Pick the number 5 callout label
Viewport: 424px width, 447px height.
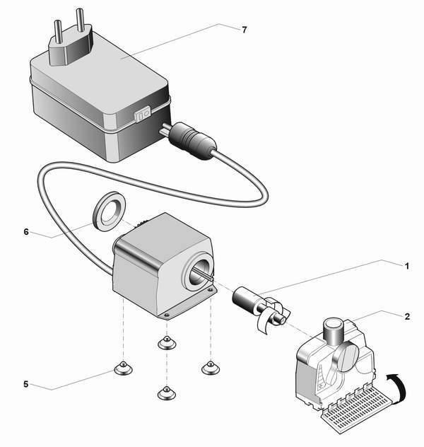tap(26, 385)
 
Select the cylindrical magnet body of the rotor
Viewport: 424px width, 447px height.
tap(246, 299)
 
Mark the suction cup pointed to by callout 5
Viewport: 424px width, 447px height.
tap(122, 368)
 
